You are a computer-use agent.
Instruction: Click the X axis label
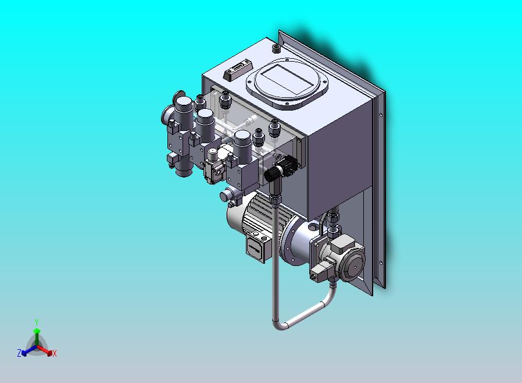55,353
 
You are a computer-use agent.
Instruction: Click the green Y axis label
37,322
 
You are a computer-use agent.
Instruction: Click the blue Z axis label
19,353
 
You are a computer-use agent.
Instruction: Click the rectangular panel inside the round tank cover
287,79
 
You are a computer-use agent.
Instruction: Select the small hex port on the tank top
276,49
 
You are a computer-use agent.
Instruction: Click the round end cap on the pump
352,261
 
